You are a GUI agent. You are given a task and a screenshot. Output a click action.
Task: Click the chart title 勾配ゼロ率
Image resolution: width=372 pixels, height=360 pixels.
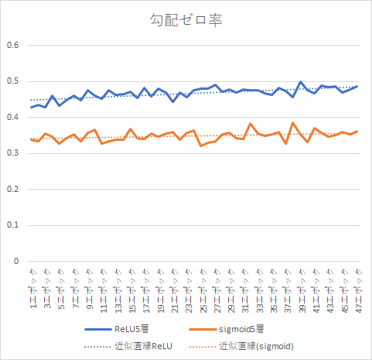(186, 21)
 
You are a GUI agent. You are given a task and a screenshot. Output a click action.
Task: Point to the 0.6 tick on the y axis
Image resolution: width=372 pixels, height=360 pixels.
(12, 45)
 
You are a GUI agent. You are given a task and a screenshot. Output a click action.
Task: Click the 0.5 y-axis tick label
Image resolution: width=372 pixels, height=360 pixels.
(12, 81)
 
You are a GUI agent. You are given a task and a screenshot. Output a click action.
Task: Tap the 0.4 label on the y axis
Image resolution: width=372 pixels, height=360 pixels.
(12, 117)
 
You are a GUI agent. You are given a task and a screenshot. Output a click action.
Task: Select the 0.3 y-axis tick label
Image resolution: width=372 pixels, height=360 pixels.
(12, 153)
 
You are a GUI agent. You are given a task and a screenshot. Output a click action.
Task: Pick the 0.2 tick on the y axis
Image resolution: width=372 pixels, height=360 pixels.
(12, 189)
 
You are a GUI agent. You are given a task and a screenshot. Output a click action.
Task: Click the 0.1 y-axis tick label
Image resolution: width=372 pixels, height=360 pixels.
(12, 225)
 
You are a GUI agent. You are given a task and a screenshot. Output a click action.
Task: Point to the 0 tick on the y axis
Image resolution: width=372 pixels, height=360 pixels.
(15, 261)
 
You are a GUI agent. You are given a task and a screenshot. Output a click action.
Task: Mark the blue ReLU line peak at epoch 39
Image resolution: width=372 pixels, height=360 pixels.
(300, 82)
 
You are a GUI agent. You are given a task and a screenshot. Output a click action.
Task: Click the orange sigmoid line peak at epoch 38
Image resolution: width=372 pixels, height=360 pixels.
(293, 122)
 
